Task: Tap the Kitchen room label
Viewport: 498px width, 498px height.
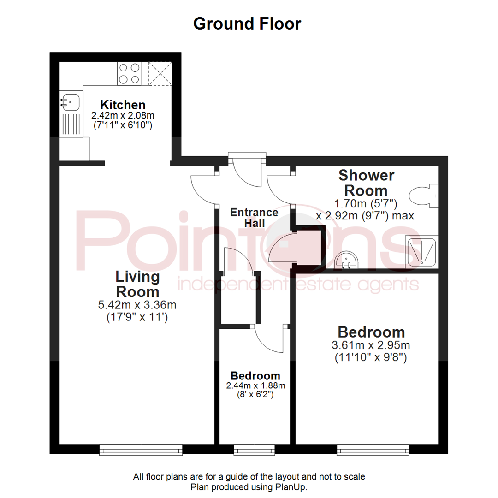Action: (123, 105)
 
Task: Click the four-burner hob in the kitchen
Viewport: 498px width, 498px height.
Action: (129, 74)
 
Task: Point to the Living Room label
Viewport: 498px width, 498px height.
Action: (137, 284)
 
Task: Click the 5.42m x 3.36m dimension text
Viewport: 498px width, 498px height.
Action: (137, 305)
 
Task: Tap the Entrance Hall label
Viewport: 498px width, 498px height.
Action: (254, 218)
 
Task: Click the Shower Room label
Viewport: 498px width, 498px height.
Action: (367, 183)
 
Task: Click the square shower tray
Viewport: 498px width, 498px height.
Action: (421, 252)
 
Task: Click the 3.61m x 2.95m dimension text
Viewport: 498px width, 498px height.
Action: (371, 345)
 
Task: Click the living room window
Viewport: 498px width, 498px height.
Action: (141, 449)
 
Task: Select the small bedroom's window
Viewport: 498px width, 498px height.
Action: (253, 449)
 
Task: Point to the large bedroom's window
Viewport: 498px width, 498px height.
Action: (373, 449)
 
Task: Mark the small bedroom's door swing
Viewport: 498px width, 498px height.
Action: (268, 340)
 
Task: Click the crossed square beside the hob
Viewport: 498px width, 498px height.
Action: (160, 74)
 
